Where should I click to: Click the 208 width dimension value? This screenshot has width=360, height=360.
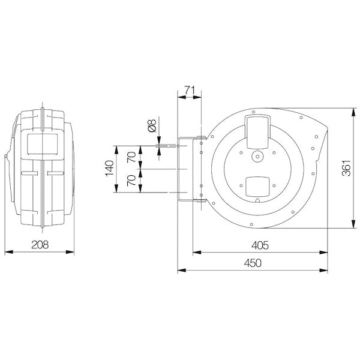(39, 245)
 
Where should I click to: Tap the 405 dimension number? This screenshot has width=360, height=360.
(259, 245)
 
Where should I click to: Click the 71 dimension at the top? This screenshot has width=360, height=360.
(191, 91)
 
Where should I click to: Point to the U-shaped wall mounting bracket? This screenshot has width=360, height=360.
(191, 170)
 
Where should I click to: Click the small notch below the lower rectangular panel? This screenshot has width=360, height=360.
(258, 199)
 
